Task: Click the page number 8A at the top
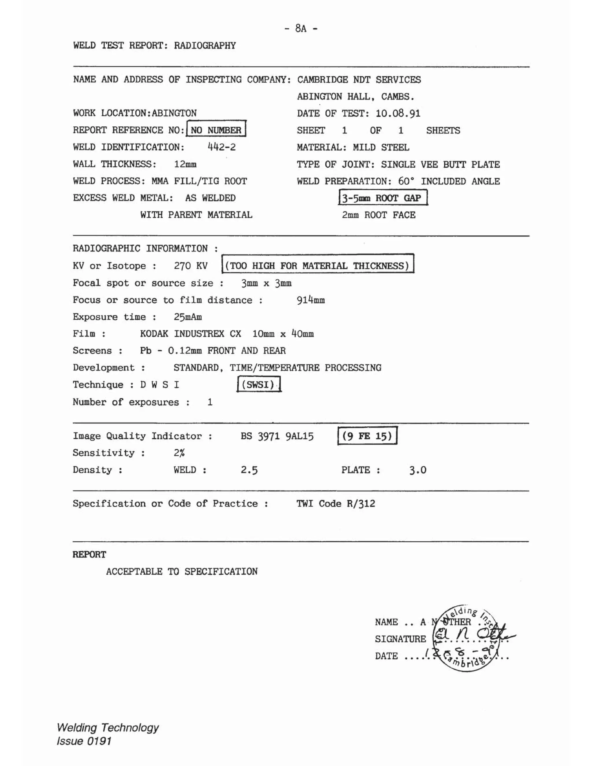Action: [301, 28]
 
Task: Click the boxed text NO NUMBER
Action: [216, 130]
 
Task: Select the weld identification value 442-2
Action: [222, 147]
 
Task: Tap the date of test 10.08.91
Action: [398, 113]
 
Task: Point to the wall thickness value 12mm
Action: [185, 164]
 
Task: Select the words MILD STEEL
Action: [381, 147]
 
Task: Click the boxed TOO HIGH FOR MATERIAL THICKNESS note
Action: [317, 266]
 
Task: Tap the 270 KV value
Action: [190, 266]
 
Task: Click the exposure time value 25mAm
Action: [188, 317]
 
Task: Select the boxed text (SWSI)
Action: [259, 384]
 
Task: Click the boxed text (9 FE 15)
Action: [367, 436]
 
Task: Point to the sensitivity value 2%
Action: [179, 453]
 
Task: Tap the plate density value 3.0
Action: [418, 470]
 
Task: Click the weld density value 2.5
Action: [249, 470]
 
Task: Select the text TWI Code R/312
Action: [336, 504]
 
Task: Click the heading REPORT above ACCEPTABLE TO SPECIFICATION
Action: [89, 554]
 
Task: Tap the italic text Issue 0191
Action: [84, 741]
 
